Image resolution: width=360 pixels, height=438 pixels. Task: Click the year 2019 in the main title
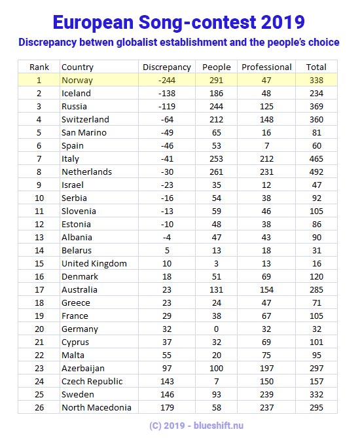279,22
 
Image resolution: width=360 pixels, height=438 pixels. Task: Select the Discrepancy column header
166,67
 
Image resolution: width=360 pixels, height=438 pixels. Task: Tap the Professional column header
266,67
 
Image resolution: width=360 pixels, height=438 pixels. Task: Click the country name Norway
77,80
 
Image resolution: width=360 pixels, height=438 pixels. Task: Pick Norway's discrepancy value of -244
166,80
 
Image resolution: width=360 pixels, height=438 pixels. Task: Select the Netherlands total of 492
316,172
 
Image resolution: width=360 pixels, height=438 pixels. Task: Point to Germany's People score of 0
217,329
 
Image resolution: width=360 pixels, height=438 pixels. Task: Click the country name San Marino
84,132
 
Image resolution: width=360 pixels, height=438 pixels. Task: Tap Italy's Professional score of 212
266,158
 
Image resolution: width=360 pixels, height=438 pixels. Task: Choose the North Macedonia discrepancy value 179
166,407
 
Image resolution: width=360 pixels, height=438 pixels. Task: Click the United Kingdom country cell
94,263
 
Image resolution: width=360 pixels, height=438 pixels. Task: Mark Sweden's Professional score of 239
266,394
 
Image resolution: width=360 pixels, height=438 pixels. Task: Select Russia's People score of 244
217,106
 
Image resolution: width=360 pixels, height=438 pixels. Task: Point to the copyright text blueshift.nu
217,425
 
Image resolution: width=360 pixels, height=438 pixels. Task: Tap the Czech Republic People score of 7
217,381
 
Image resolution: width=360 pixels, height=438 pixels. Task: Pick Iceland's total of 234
316,93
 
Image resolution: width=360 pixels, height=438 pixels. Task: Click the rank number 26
39,407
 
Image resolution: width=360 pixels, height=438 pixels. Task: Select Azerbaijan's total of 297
316,368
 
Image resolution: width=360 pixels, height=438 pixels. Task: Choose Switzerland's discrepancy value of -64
166,119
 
